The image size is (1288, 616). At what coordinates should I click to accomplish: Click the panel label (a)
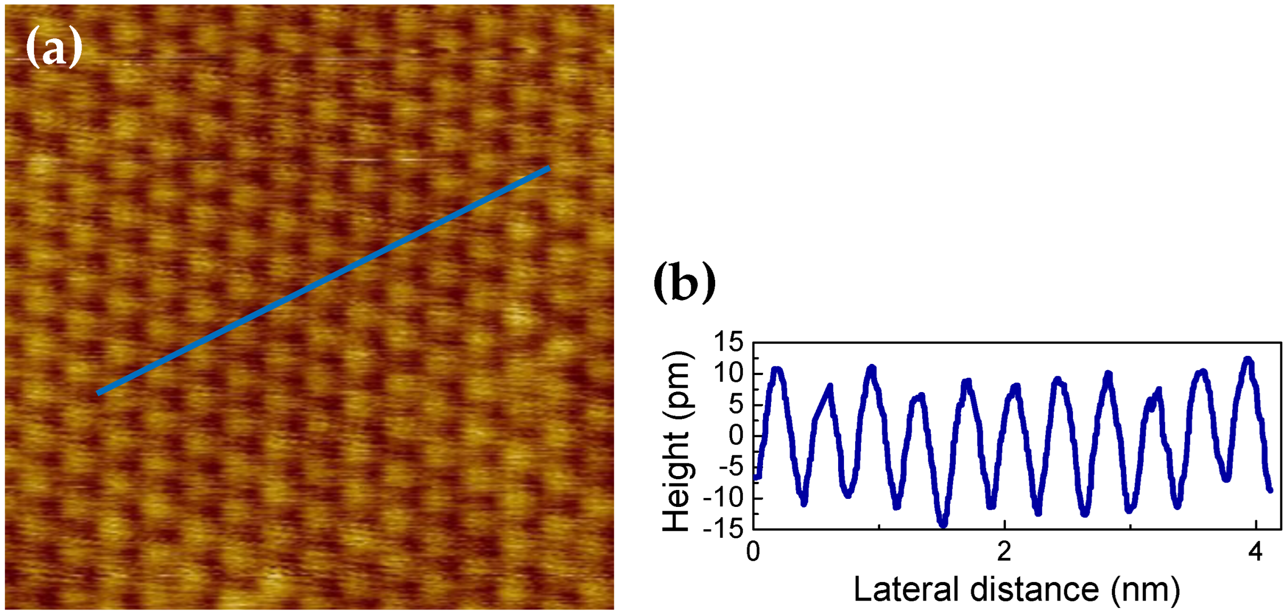point(54,48)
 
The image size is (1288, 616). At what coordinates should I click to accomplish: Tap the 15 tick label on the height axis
point(728,342)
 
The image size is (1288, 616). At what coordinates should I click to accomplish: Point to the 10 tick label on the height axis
point(728,374)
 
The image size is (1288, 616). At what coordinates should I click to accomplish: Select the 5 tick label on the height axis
point(736,405)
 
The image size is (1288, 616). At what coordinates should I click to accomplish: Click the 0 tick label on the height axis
point(736,436)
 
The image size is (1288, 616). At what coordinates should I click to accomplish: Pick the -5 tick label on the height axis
point(731,468)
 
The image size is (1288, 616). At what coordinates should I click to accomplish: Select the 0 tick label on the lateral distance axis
point(753,552)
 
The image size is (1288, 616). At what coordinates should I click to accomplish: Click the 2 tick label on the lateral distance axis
point(1004,552)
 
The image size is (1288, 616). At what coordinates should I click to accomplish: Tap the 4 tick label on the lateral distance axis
point(1255,552)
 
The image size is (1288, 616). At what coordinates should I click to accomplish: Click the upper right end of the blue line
point(549,169)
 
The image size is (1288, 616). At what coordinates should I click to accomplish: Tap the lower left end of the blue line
point(99,393)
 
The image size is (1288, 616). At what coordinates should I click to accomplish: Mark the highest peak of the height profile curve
point(1248,360)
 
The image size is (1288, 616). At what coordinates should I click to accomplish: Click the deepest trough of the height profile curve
point(944,525)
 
